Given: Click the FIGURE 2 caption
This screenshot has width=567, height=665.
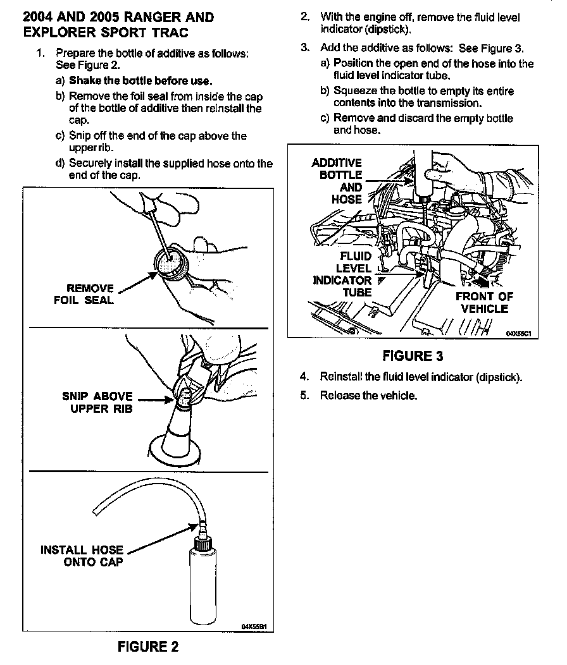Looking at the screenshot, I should pos(148,646).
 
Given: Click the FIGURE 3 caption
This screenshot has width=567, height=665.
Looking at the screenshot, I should pos(413,355).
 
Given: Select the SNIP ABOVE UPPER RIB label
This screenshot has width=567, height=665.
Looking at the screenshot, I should pos(97,403).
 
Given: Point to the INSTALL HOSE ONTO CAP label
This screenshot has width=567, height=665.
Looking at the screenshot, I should pos(82,556).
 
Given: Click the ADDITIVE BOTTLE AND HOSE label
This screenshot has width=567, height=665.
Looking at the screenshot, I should pos(337,181).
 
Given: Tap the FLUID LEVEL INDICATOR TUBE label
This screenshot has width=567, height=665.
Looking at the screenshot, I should pos(343,274).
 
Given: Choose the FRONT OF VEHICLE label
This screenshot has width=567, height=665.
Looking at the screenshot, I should pos(484,302).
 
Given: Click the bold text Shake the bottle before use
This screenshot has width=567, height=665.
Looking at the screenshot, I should pos(140,80).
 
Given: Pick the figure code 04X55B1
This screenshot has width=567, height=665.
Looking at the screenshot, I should pos(254,626).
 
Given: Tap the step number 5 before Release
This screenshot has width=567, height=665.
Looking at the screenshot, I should pos(304,396).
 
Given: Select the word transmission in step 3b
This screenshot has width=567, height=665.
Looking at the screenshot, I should pos(449,102).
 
